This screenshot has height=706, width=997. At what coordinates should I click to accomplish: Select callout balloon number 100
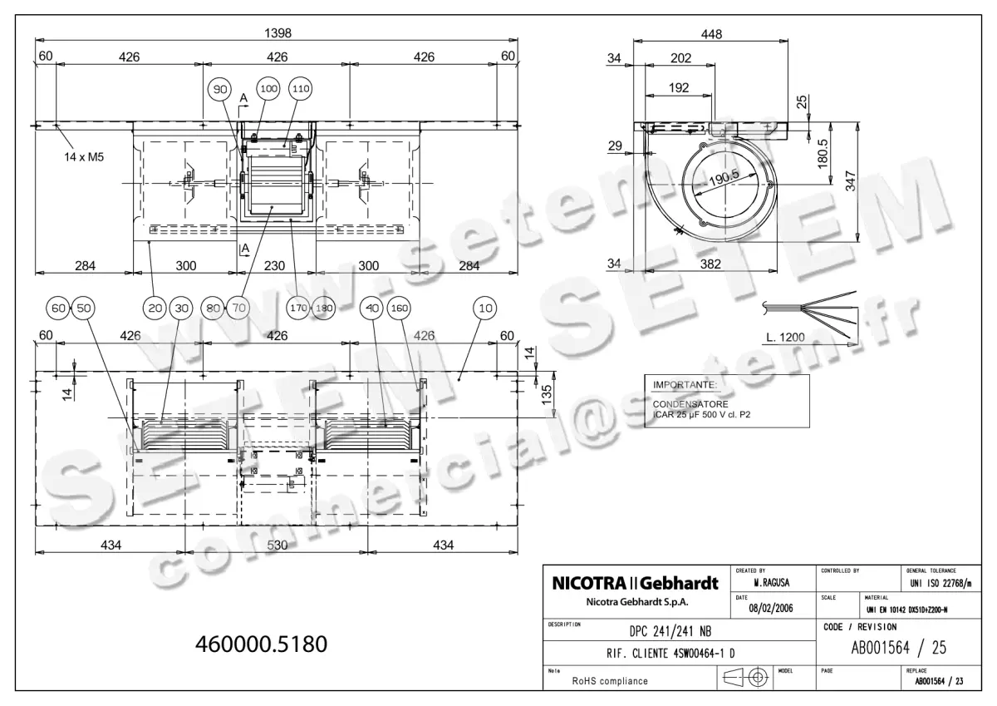268,88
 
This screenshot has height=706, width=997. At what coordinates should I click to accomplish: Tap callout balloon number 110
299,88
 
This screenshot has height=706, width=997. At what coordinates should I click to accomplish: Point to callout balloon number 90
219,89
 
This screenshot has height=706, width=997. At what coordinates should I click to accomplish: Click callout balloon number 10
485,309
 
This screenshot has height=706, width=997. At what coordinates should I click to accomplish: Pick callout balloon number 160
400,309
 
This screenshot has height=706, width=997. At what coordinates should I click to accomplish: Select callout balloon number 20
155,309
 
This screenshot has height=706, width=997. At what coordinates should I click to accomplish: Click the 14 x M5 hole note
88,156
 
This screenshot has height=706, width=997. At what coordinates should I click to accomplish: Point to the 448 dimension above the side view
711,34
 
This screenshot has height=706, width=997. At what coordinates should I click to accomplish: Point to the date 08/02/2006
771,608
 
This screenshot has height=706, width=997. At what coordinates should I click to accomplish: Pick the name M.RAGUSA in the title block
771,584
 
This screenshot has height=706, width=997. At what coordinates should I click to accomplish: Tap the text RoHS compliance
610,680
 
